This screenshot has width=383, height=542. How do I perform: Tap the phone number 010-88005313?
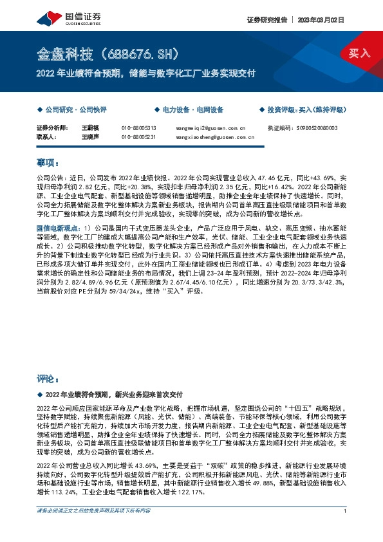138,128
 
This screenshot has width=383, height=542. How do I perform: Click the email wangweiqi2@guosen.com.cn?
211,128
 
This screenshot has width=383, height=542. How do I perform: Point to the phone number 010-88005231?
138,136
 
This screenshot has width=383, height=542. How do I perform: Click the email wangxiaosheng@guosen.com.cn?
215,136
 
